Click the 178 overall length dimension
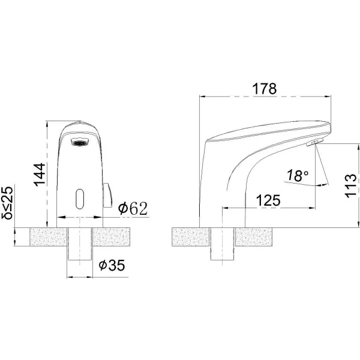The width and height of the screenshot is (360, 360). click(265, 89)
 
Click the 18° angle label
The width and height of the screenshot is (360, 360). click(298, 176)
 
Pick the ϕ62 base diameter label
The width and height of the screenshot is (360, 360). click(133, 208)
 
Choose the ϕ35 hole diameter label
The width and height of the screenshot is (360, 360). click(112, 265)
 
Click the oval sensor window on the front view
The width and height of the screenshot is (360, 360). click(80, 199)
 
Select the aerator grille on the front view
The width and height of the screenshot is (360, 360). click(79, 142)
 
